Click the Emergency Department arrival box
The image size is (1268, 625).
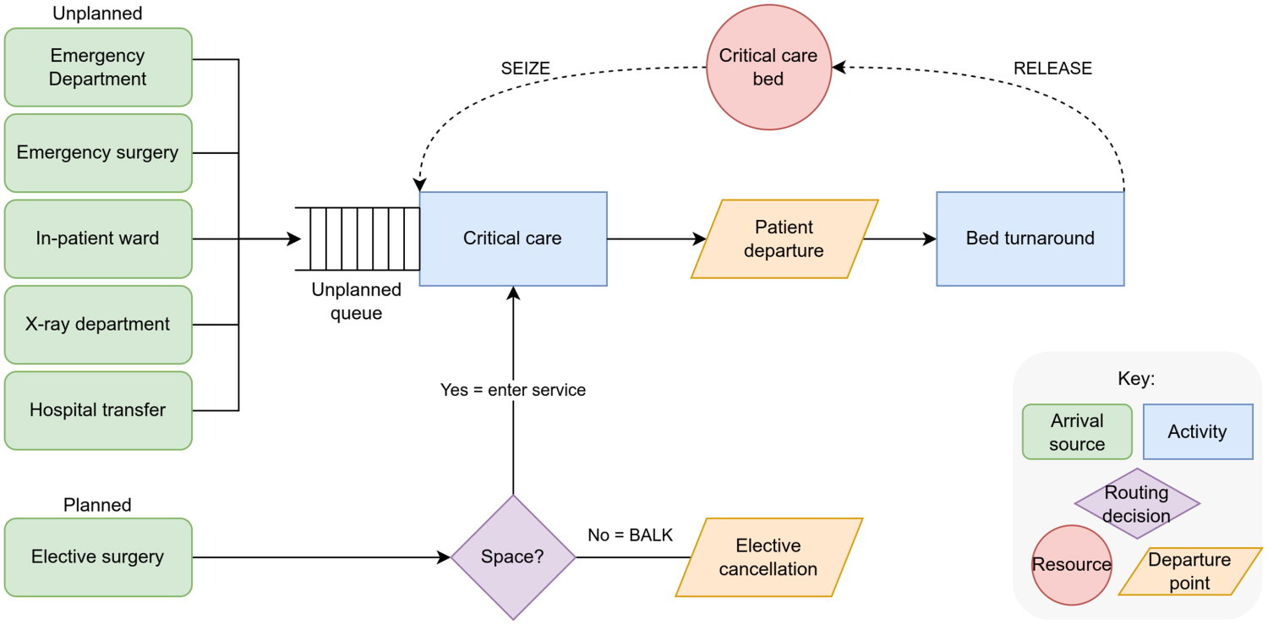tap(98, 68)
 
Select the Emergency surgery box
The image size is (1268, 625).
tap(98, 153)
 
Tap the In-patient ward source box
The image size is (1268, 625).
tap(98, 238)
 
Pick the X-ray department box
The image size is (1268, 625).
tap(98, 324)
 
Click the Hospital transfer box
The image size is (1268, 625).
tap(98, 410)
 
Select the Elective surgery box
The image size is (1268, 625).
tap(98, 557)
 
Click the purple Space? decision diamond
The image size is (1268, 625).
tap(513, 557)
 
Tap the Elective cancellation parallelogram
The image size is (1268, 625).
tap(768, 557)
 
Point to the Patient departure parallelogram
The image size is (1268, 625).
tap(784, 239)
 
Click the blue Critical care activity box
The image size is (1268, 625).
tap(513, 238)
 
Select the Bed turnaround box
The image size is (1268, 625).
tap(1030, 238)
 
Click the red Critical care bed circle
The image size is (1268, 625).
tap(768, 68)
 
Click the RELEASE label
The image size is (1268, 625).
tap(1052, 69)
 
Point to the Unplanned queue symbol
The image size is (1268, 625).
tap(358, 238)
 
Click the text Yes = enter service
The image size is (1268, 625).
tap(513, 391)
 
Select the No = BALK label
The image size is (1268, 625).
tap(630, 535)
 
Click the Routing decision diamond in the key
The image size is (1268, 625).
tap(1137, 504)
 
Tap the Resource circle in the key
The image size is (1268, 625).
tap(1072, 565)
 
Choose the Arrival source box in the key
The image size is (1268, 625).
tap(1077, 431)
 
